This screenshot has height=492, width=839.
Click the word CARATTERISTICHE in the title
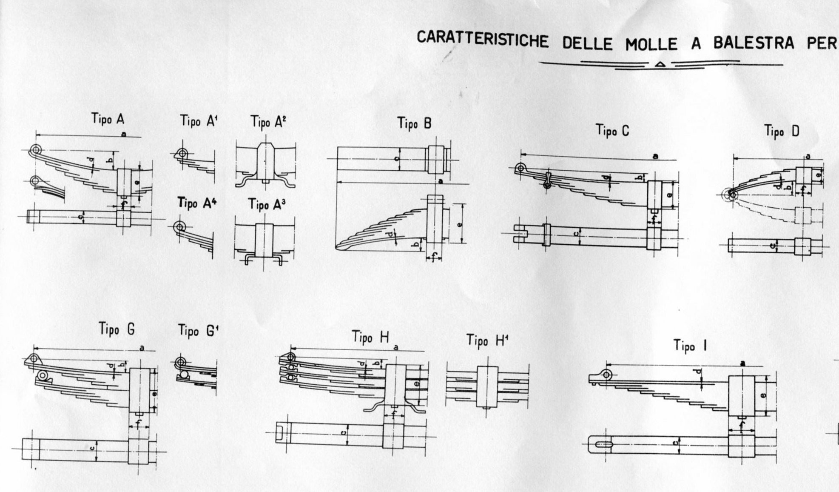(482, 39)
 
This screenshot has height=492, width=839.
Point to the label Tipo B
(414, 123)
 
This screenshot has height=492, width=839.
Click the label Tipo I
(690, 346)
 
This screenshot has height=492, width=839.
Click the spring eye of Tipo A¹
(182, 154)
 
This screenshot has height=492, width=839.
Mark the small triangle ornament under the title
(660, 64)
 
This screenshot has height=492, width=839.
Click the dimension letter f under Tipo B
(433, 257)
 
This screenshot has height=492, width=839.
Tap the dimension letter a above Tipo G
(141, 349)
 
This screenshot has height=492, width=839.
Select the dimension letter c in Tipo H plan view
(344, 434)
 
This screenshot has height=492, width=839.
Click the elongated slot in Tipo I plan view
(604, 445)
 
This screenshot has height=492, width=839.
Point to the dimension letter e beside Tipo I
(763, 395)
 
